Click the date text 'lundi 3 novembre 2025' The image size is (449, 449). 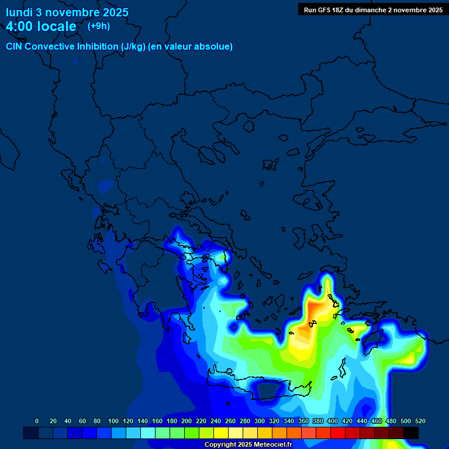tap(67, 12)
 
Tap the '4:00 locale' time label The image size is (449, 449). tap(41, 26)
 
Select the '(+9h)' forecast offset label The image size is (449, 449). tap(99, 26)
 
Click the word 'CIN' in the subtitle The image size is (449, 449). tap(15, 47)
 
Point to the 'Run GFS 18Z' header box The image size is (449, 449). tap(373, 10)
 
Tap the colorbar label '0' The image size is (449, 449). tap(37, 421)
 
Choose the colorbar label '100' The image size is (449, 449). tap(113, 421)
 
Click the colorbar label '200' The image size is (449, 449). tap(186, 421)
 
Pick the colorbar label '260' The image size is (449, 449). tap(230, 421)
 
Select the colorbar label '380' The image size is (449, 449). tap(318, 421)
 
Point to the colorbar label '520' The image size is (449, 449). tap(420, 421)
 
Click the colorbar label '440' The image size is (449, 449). tap(362, 421)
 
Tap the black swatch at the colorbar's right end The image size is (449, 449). tap(411, 433)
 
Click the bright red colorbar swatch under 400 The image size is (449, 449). tap(338, 433)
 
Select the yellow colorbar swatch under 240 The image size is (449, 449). tap(221, 433)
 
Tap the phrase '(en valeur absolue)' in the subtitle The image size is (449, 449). tap(191, 47)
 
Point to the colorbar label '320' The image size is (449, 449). tap(274, 421)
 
